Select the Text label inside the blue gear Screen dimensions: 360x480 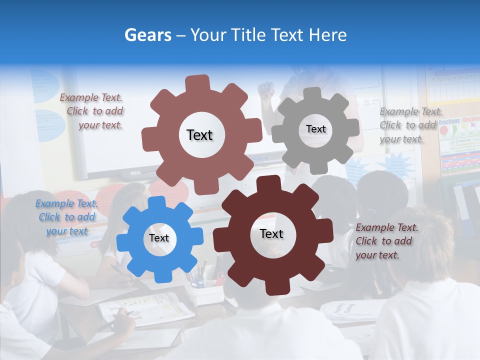coord(159,238)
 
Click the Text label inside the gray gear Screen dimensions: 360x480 coord(316,129)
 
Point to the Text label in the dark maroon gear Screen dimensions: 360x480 coord(271,233)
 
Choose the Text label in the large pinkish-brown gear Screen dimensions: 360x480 coord(200,135)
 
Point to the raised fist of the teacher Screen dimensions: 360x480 coord(266,89)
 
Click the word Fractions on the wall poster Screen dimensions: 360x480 coord(450,121)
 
